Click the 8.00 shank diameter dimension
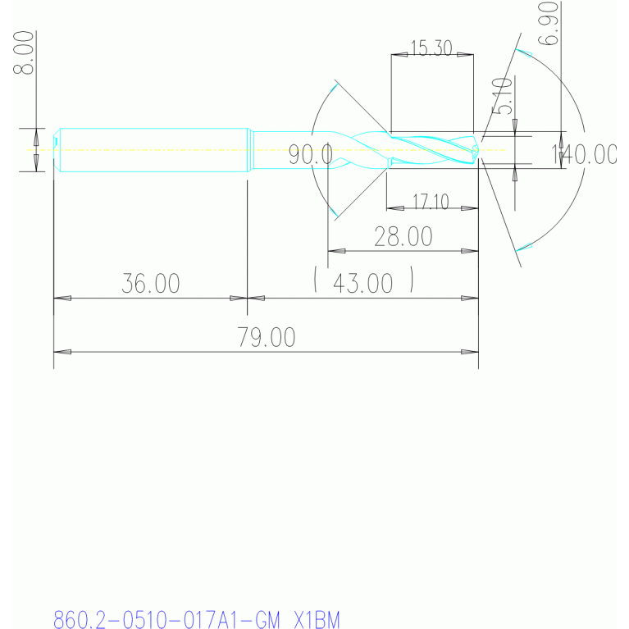pos(23,52)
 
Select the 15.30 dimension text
pos(431,48)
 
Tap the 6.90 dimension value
pos(548,23)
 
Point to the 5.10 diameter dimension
pos(502,96)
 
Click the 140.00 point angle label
pos(584,154)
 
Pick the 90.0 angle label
pos(311,155)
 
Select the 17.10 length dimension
pos(431,202)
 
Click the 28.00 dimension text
pos(403,236)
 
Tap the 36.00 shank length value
pos(151,284)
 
